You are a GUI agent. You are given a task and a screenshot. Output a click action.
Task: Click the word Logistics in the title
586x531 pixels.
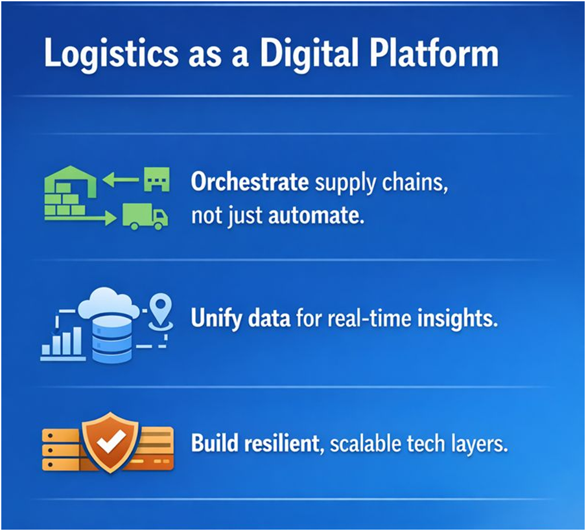click(x=111, y=53)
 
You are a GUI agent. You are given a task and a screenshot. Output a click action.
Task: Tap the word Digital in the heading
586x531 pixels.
click(x=307, y=53)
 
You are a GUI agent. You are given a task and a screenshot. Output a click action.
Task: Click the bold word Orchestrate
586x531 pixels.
click(x=250, y=182)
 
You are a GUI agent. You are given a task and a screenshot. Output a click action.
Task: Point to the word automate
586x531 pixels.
click(x=316, y=216)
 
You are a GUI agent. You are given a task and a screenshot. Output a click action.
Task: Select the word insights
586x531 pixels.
click(x=458, y=318)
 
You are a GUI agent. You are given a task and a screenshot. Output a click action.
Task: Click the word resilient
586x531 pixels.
click(x=284, y=444)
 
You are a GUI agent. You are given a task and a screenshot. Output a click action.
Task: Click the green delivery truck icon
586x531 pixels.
click(x=145, y=216)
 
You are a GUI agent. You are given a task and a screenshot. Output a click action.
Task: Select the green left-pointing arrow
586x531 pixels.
click(x=121, y=180)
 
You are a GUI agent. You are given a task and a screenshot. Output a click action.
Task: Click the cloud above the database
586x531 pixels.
click(x=109, y=303)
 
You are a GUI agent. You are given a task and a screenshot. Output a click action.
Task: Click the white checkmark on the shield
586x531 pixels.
click(x=111, y=440)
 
